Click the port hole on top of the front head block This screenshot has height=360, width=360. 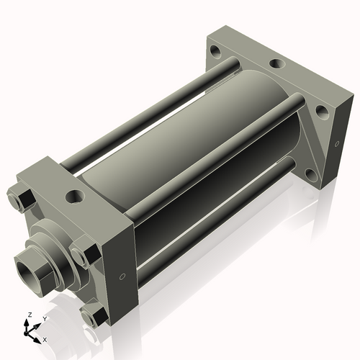73,195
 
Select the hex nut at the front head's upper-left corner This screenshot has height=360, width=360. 20,197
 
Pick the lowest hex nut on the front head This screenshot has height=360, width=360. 91,316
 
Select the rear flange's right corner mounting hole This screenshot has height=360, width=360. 322,111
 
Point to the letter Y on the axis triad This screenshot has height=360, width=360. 45,318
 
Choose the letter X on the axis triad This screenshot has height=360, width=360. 45,338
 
